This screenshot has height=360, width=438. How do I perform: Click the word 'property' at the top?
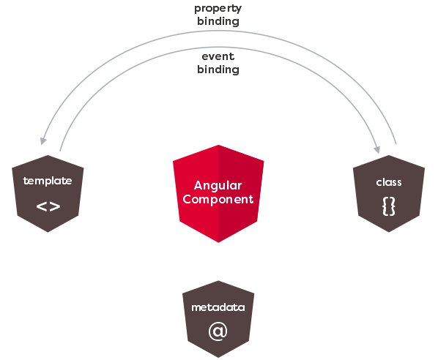(218, 9)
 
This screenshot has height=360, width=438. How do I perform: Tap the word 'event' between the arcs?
(218, 56)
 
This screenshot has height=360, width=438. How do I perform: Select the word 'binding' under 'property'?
(218, 21)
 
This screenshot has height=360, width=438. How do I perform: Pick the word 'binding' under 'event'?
(218, 70)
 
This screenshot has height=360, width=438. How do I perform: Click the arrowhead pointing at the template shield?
(43, 141)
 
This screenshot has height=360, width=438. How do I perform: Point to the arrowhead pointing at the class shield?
(376, 149)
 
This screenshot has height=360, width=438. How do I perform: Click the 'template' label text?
(48, 181)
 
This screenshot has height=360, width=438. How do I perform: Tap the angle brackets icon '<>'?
(48, 206)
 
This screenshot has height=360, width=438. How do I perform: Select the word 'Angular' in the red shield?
(218, 186)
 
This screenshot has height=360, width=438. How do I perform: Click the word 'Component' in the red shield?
(218, 199)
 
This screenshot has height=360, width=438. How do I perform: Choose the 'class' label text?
(389, 182)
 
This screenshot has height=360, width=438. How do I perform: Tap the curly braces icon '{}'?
(389, 206)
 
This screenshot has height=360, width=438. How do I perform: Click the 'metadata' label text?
(218, 307)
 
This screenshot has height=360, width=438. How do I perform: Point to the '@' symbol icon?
(218, 331)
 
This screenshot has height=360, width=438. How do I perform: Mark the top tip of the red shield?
(218, 145)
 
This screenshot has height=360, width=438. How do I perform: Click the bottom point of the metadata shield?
(218, 358)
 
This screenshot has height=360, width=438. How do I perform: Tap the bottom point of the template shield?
(48, 232)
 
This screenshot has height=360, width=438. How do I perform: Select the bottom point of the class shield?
(389, 232)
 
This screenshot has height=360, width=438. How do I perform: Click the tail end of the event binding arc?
(60, 151)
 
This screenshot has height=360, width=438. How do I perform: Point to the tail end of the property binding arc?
(396, 143)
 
